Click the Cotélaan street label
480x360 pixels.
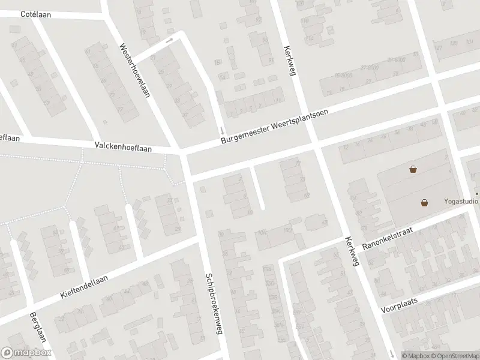click(x=34, y=14)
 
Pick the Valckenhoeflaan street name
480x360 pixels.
click(x=124, y=146)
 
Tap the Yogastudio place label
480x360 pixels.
click(x=461, y=202)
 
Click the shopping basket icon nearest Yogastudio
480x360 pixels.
click(x=425, y=203)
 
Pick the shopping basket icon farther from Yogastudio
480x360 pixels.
click(x=413, y=169)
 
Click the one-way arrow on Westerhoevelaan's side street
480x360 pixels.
click(x=169, y=40)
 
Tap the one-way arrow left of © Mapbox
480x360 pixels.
click(x=391, y=353)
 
